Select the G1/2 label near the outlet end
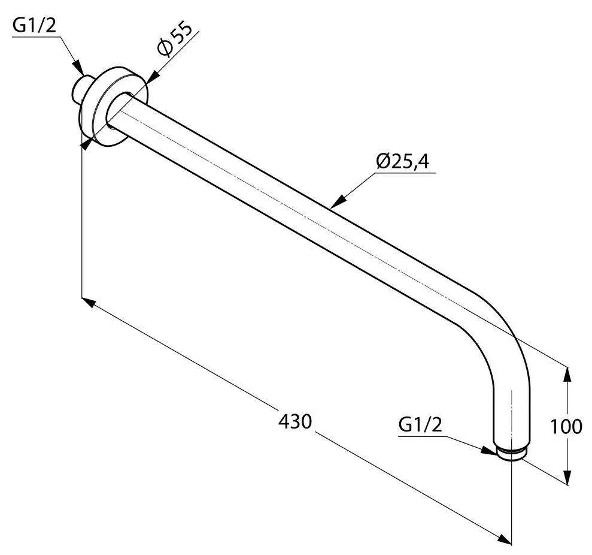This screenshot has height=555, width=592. click(420, 425)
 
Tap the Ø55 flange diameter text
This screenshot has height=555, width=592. click(174, 41)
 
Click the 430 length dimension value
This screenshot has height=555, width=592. click(295, 421)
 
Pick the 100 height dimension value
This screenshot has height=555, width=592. click(566, 426)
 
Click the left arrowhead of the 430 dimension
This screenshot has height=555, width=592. click(87, 300)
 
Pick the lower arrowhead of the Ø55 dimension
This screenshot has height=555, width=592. click(86, 144)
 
